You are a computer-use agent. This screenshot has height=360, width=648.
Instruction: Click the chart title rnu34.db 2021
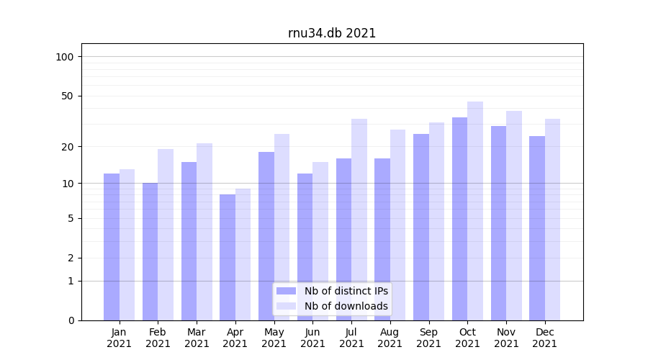(x=332, y=33)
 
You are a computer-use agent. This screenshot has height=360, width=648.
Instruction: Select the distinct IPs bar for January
(x=112, y=247)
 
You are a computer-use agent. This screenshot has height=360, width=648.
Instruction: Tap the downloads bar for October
(x=475, y=211)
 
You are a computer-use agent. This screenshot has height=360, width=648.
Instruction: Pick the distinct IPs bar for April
(x=228, y=257)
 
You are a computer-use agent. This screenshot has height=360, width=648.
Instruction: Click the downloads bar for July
(x=359, y=220)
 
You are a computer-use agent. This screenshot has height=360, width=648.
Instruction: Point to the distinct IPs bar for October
(x=459, y=219)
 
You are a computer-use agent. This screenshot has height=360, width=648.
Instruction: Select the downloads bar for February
(x=166, y=235)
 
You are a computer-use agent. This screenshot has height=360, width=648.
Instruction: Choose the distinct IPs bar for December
(x=537, y=228)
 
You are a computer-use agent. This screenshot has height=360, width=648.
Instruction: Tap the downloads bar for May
(x=282, y=227)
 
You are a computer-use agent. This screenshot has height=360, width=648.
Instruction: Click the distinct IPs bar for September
(x=421, y=227)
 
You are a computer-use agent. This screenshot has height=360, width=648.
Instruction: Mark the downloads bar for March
(x=204, y=232)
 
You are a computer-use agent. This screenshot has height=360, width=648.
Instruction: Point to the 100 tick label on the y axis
(x=65, y=57)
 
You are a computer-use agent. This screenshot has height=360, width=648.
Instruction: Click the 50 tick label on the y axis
(x=68, y=96)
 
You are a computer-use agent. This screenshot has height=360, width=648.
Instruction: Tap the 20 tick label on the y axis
(x=68, y=147)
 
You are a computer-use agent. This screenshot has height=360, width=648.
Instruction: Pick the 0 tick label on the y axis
(x=71, y=320)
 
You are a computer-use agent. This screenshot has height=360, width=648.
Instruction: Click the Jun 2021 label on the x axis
(x=312, y=338)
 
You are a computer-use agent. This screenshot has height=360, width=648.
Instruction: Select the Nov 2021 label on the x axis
(x=506, y=338)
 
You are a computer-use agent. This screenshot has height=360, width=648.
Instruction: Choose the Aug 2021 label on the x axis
(x=390, y=338)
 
